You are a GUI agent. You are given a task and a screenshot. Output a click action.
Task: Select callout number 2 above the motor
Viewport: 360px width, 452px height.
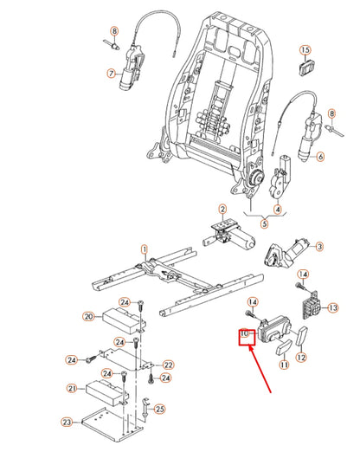pyautogui.click(x=222, y=209)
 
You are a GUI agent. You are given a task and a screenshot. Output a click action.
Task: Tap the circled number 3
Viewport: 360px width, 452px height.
pyautogui.click(x=319, y=247)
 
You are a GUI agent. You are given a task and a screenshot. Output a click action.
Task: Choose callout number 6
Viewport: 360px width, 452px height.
pyautogui.click(x=319, y=157)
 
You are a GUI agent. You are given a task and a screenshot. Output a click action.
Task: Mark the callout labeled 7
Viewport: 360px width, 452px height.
pyautogui.click(x=111, y=74)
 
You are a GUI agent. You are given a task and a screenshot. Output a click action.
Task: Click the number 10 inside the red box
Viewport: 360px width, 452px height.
pyautogui.click(x=244, y=333)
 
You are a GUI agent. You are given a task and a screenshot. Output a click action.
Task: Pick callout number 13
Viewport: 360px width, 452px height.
pyautogui.click(x=333, y=307)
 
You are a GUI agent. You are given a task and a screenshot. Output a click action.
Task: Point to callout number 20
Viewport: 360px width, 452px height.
pyautogui.click(x=87, y=317)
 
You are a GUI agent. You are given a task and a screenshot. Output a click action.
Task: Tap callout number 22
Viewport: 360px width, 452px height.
pyautogui.click(x=168, y=365)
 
